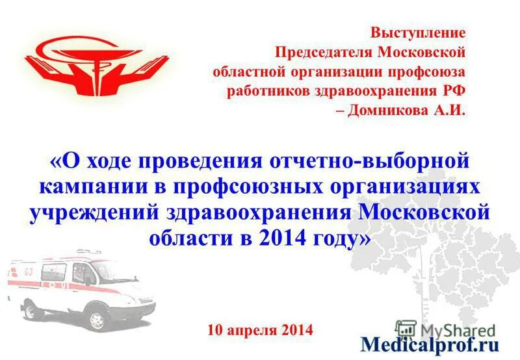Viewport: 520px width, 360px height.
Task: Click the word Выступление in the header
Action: pyautogui.click(x=419, y=32)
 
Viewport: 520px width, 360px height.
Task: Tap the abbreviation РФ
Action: pyautogui.click(x=452, y=90)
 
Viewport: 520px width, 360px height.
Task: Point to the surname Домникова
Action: pyautogui.click(x=385, y=109)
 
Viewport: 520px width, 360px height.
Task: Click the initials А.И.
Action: pyautogui.click(x=447, y=109)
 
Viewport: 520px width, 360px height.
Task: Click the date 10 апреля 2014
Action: pyautogui.click(x=260, y=329)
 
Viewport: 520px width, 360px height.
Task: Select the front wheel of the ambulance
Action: pyautogui.click(x=97, y=319)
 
